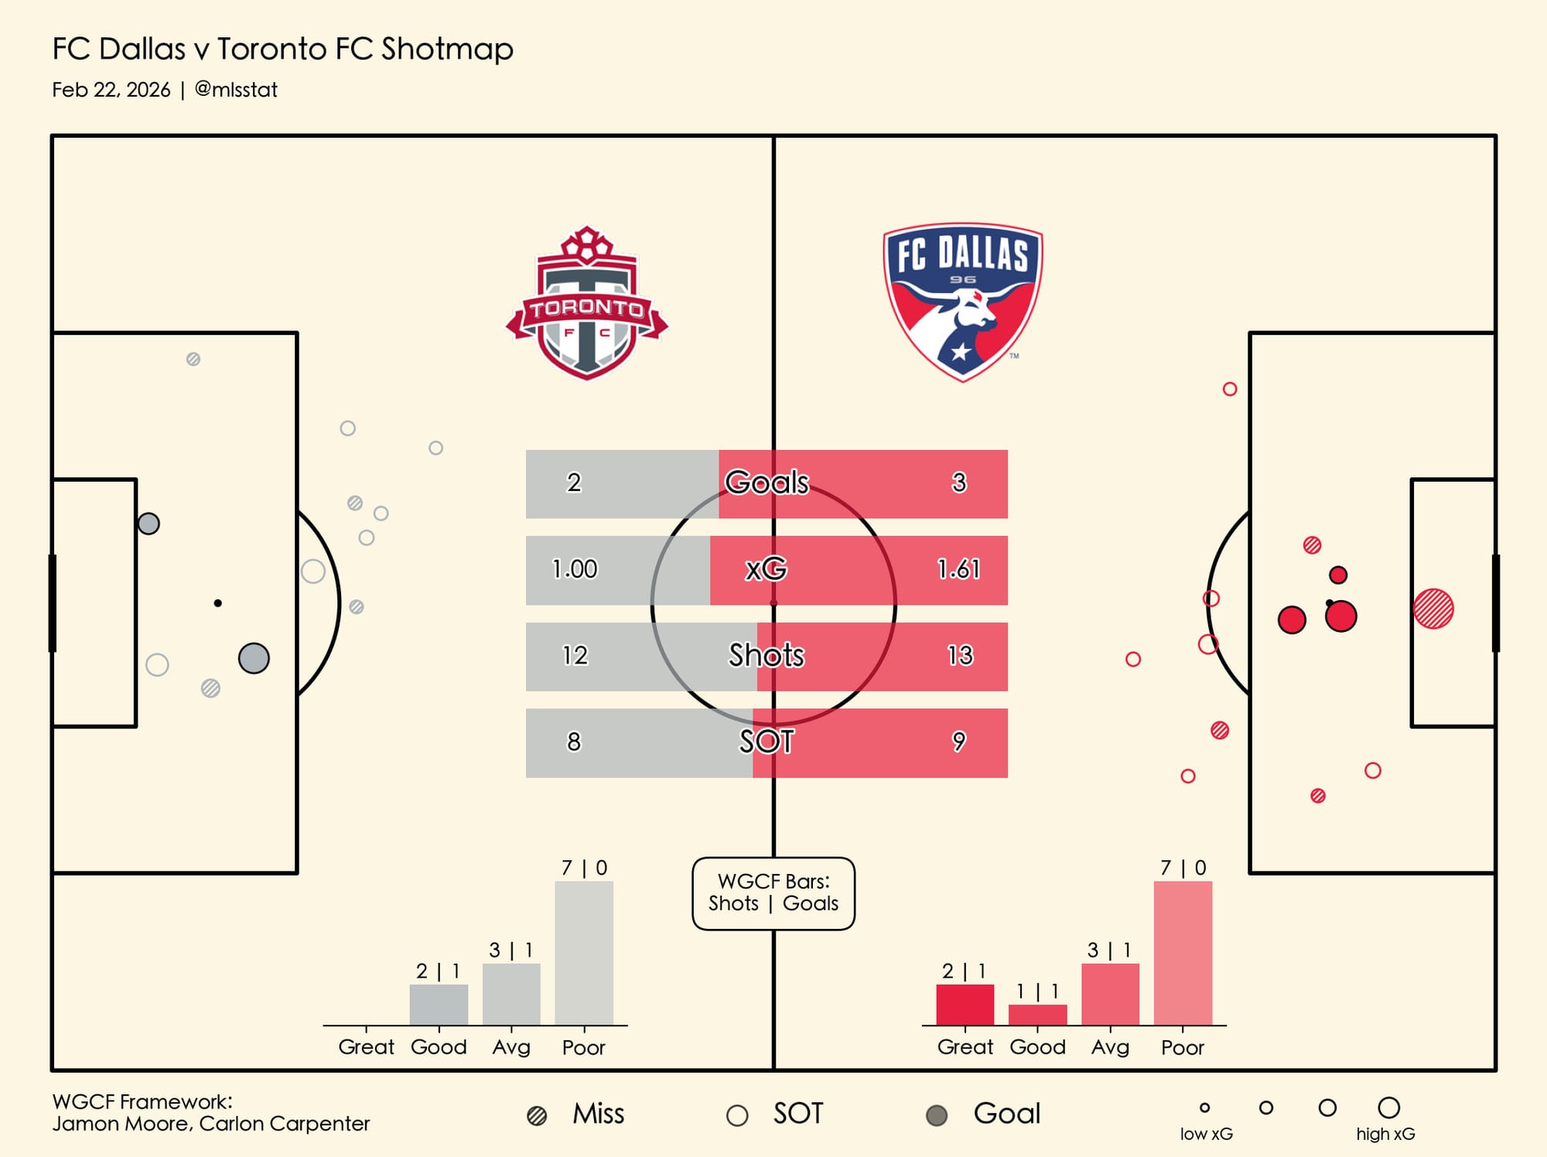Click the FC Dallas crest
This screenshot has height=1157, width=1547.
coord(962,302)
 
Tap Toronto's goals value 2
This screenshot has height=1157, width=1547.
coord(573,483)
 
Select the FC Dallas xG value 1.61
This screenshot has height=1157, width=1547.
coord(958,569)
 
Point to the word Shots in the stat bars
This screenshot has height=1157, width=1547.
coord(766,655)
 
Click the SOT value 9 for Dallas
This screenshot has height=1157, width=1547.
coord(958,742)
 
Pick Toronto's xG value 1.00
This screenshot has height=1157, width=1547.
coord(574,569)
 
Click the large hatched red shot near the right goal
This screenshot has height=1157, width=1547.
coord(1433,609)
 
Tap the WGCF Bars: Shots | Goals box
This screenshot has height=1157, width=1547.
coord(773,892)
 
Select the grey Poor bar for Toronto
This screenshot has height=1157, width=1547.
coord(584,953)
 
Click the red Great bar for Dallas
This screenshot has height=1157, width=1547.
coord(965,1004)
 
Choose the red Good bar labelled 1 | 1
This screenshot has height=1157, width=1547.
coord(1037,1014)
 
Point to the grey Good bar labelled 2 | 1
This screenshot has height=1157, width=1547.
coord(439,1004)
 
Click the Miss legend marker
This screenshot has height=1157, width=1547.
coord(537,1115)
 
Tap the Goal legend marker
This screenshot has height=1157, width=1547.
coord(937,1115)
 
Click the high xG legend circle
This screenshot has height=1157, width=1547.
coord(1388,1108)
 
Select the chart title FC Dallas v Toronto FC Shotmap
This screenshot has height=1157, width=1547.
coord(282,49)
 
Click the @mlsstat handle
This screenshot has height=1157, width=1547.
coord(236,90)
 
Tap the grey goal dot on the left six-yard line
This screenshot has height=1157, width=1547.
coord(149,524)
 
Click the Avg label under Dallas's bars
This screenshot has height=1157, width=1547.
coord(1110,1047)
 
